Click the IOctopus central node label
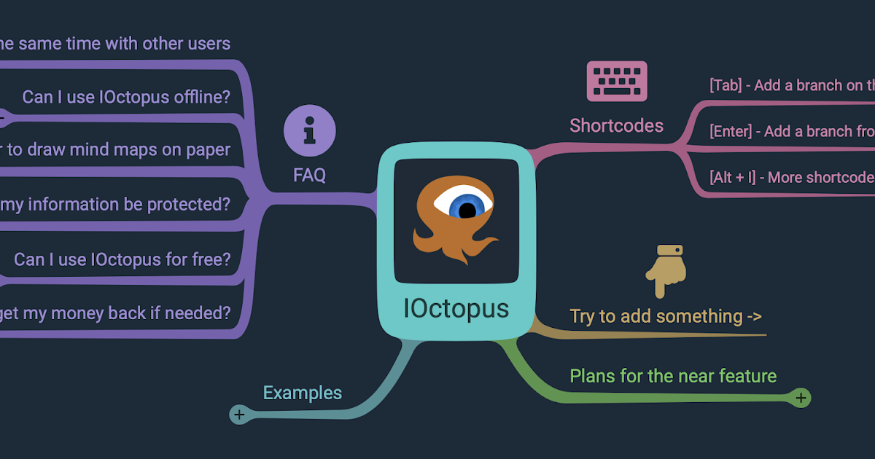pos(456,309)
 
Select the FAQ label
pos(309,176)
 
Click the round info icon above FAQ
pos(310,131)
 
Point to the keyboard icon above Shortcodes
pos(617,80)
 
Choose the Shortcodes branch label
pos(616,126)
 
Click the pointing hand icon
pos(665,270)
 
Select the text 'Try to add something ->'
pos(666,316)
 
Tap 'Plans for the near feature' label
pos(673,376)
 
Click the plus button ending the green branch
pos(801,398)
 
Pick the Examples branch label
pos(302,393)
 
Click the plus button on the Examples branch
pos(238,415)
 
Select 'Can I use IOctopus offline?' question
pos(126,97)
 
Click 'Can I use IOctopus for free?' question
pos(122,259)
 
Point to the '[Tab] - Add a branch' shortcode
pos(791,85)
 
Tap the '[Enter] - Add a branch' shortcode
pos(791,131)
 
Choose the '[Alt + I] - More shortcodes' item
pos(791,177)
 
